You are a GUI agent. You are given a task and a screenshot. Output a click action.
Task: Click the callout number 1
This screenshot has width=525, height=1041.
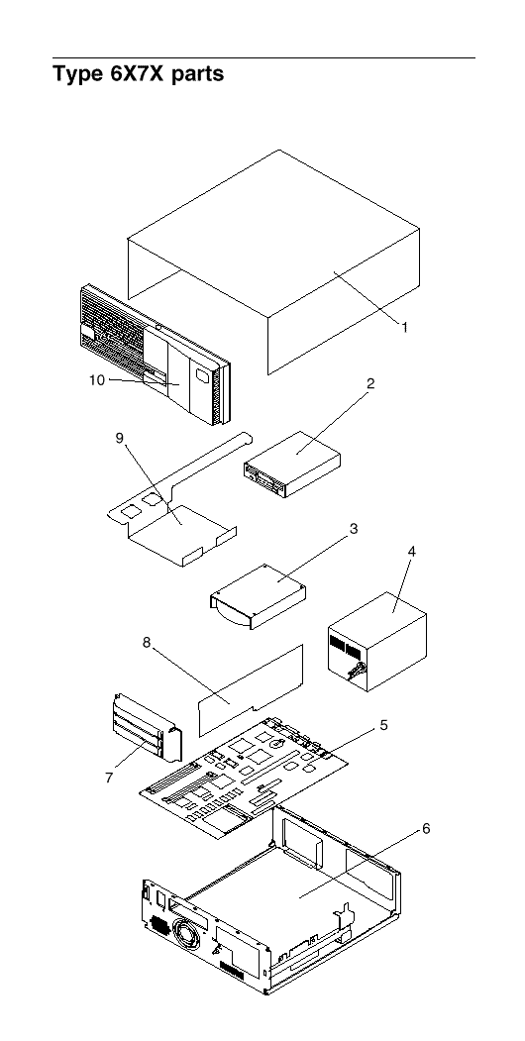click(x=404, y=327)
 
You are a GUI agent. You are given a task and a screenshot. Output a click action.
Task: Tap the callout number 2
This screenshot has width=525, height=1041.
click(x=370, y=383)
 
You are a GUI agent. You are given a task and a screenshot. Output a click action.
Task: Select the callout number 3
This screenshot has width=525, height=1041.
click(x=353, y=529)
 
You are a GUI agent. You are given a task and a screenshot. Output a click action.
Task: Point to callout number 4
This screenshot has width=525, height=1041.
click(x=411, y=551)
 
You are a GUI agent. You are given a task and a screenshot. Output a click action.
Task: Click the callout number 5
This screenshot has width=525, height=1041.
click(x=383, y=724)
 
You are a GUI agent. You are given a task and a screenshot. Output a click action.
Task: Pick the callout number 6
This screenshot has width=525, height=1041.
click(x=425, y=829)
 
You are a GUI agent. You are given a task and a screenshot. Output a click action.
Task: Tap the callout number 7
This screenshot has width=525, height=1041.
click(x=109, y=778)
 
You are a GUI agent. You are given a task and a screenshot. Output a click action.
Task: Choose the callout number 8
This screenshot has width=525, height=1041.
click(x=147, y=642)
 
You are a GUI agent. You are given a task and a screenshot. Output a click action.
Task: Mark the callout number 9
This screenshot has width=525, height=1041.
click(x=120, y=441)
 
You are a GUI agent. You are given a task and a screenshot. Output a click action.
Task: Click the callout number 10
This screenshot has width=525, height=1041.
click(x=97, y=380)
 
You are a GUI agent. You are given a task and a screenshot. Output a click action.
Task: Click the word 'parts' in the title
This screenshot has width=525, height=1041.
click(x=198, y=74)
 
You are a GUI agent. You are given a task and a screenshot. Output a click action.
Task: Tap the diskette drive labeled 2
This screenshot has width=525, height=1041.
click(x=292, y=464)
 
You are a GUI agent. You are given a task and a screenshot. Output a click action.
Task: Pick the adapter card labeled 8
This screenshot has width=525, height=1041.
click(x=252, y=689)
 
